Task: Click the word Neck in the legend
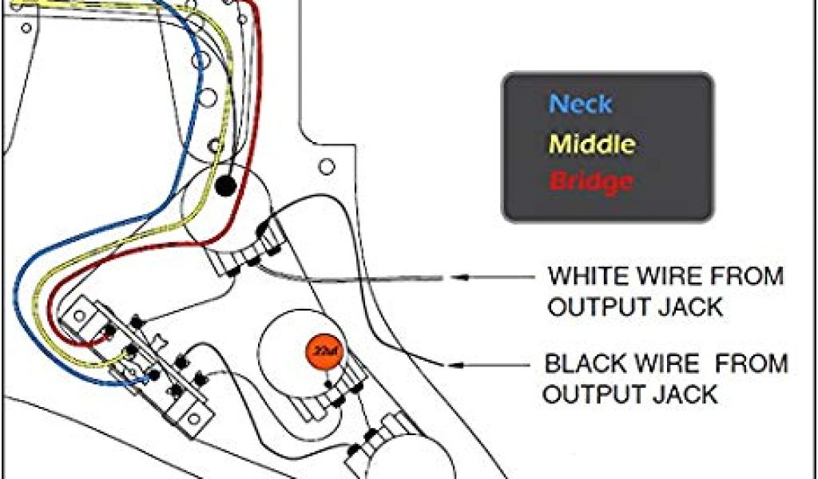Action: coord(581,104)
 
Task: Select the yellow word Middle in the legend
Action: coord(592,144)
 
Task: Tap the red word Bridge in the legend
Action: coord(591,182)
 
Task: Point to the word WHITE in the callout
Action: coord(588,277)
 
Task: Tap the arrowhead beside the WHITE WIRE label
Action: coord(456,277)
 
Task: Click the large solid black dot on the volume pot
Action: coord(226,186)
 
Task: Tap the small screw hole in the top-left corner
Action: coord(26,28)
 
